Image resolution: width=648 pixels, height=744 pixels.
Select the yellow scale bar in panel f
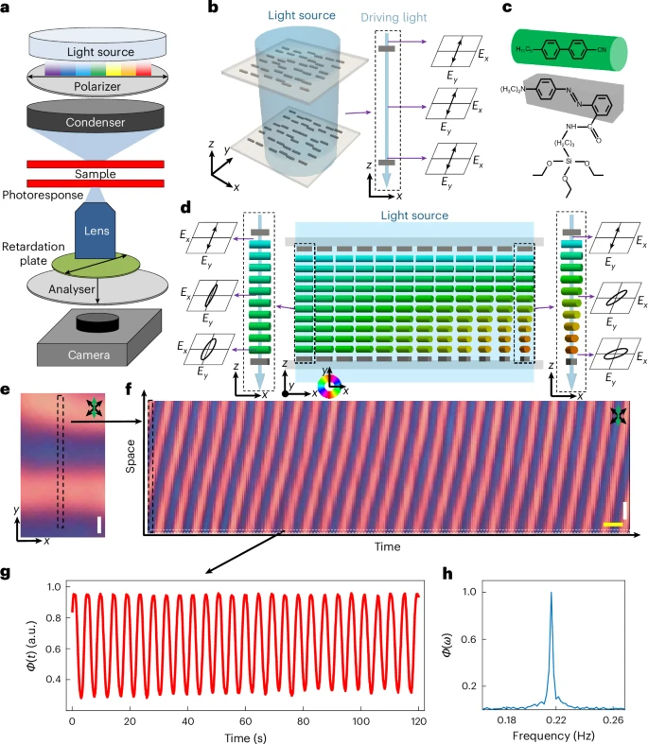pyautogui.click(x=613, y=522)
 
